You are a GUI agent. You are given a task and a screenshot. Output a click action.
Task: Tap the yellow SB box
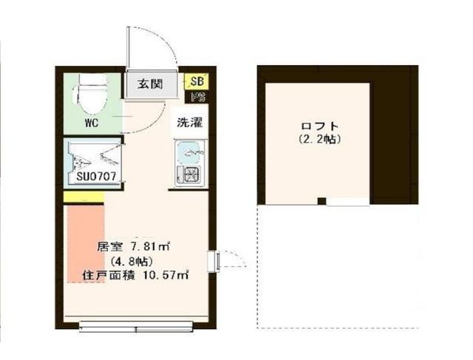197,82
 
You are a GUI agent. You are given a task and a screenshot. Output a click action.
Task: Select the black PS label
197,97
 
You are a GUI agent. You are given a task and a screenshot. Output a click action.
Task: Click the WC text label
92,123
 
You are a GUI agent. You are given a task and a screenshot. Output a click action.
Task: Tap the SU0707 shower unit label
93,177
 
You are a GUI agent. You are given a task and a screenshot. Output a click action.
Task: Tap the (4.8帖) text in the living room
131,261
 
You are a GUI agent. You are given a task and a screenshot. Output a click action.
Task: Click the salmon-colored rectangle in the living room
84,244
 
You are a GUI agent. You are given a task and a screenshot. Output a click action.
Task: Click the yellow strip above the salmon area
84,197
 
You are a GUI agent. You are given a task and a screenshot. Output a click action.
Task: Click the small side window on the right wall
214,261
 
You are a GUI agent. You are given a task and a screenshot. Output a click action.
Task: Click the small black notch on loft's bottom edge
321,201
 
